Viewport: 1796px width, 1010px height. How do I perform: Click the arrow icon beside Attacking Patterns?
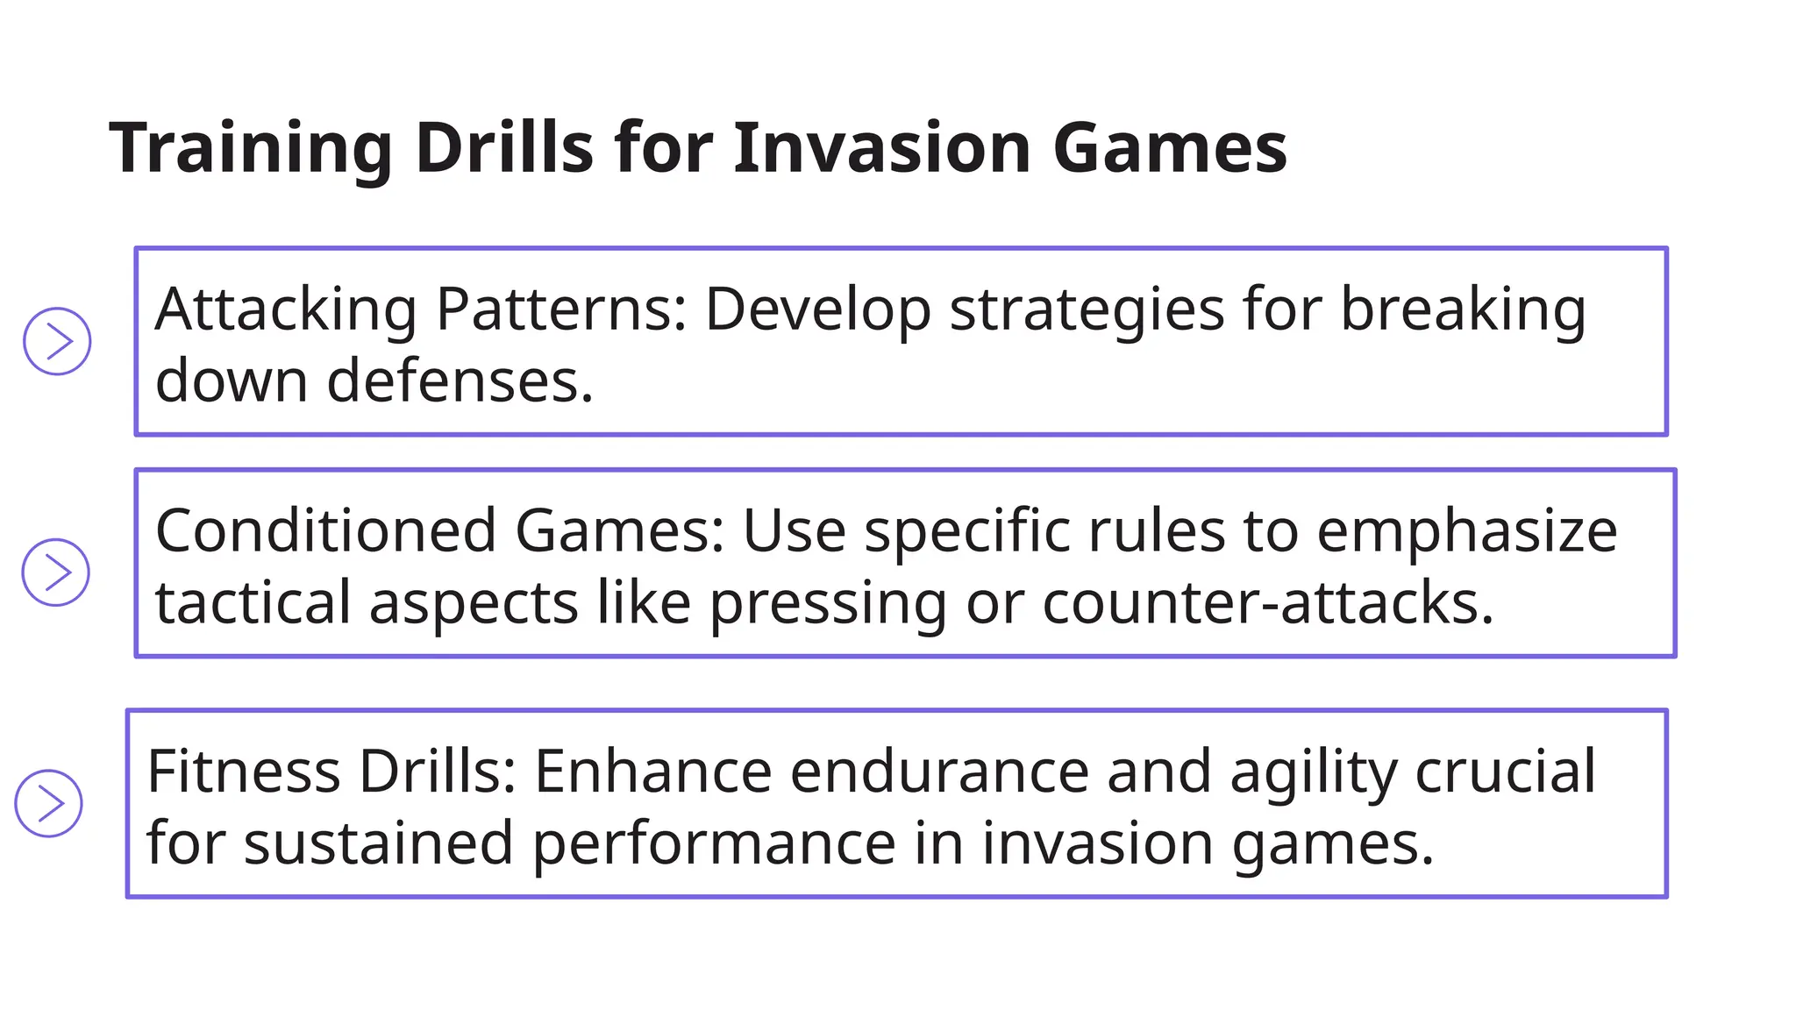coord(57,341)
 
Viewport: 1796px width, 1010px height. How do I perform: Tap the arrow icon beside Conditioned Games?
coord(56,573)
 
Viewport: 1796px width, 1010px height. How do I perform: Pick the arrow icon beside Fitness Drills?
coord(49,803)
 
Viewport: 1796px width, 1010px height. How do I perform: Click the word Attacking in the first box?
coord(286,309)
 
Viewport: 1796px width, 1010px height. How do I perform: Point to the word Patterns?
coord(561,309)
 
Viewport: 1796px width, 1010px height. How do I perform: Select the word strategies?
coord(1087,309)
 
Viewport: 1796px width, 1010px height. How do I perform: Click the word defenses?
coord(460,381)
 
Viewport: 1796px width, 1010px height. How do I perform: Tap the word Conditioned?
coord(326,531)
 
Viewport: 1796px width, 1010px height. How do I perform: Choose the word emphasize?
coord(1466,531)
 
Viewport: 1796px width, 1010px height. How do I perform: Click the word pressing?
coord(828,604)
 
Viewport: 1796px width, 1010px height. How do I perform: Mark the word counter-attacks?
coord(1267,603)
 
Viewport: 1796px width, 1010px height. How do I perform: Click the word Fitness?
coord(244,772)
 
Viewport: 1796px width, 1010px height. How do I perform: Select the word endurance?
coord(939,772)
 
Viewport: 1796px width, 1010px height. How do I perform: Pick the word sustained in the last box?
coord(378,843)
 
